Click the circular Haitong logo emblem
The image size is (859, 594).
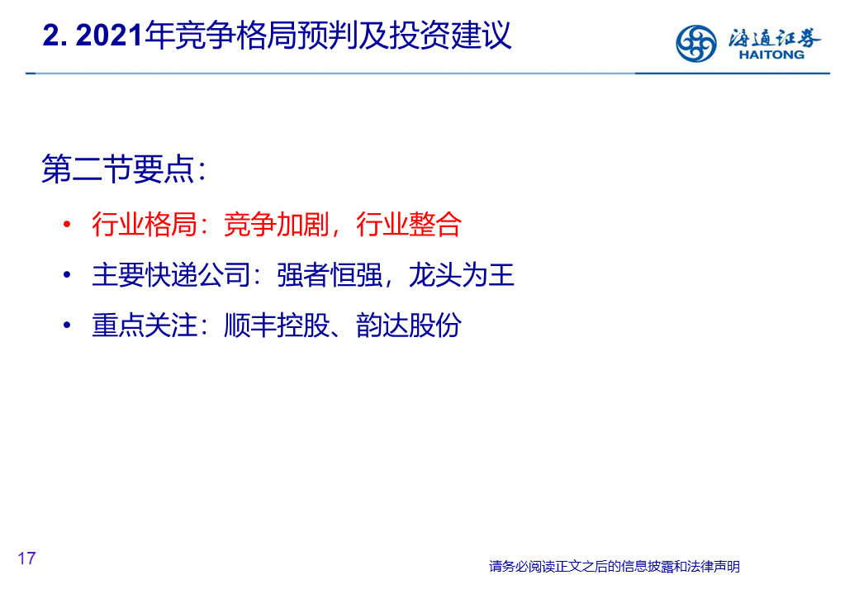pos(695,43)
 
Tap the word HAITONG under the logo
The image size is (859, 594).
pos(771,55)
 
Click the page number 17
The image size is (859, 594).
pos(26,558)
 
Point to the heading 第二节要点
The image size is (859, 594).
pos(118,169)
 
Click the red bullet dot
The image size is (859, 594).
pos(67,224)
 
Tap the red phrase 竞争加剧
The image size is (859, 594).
pos(276,224)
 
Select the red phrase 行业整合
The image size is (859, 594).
pos(409,224)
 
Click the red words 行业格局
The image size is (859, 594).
pos(144,224)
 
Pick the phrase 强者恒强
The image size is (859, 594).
pos(330,274)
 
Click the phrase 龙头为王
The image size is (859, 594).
pos(461,274)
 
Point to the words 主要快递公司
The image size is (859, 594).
pos(170,274)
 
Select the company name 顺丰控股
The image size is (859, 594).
pos(276,325)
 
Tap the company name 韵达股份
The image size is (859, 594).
pos(409,325)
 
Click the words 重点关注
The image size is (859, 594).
pos(144,325)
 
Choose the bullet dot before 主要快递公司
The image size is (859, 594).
pos(67,274)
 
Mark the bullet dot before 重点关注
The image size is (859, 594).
pos(67,325)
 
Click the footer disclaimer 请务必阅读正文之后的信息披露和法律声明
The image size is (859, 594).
pos(615,566)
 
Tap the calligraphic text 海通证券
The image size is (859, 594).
pos(774,37)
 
